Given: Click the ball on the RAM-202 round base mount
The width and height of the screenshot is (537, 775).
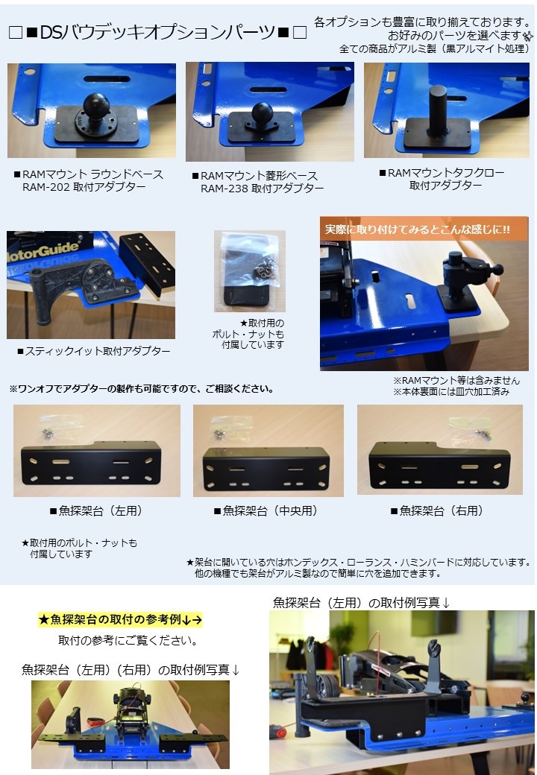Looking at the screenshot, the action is (96, 105).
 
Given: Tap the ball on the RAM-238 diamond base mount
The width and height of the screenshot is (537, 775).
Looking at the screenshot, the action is (262, 113).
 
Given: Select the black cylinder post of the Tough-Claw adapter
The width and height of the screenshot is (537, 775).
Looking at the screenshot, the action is (437, 109).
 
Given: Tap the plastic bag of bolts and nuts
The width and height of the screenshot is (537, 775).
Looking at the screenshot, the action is (250, 269).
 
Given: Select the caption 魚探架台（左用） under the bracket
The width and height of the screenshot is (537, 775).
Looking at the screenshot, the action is (96, 511).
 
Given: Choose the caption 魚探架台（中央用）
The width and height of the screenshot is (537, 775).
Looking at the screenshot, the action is (266, 511).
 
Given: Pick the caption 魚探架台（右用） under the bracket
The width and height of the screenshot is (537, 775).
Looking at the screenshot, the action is (437, 511).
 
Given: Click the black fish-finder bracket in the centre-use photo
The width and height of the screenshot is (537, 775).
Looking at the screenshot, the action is (266, 469).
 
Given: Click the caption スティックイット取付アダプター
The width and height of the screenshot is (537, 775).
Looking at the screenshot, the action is (93, 352).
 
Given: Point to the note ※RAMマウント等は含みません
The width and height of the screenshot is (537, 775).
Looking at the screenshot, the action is (456, 381).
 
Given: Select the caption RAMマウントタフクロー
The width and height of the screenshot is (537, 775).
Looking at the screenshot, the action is (442, 173).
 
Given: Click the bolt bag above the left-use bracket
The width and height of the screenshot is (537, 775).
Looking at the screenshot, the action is (56, 427).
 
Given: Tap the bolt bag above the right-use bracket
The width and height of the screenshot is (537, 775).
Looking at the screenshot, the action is (471, 429).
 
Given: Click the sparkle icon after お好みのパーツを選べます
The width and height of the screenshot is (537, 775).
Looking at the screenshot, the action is (529, 36).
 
